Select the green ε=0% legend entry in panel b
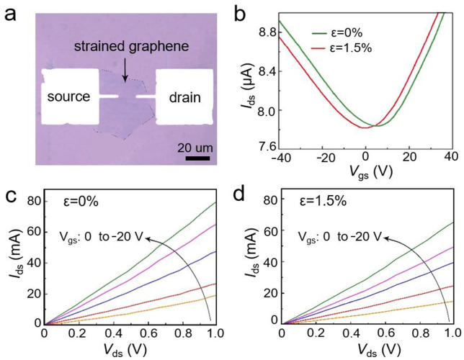[341, 32]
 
